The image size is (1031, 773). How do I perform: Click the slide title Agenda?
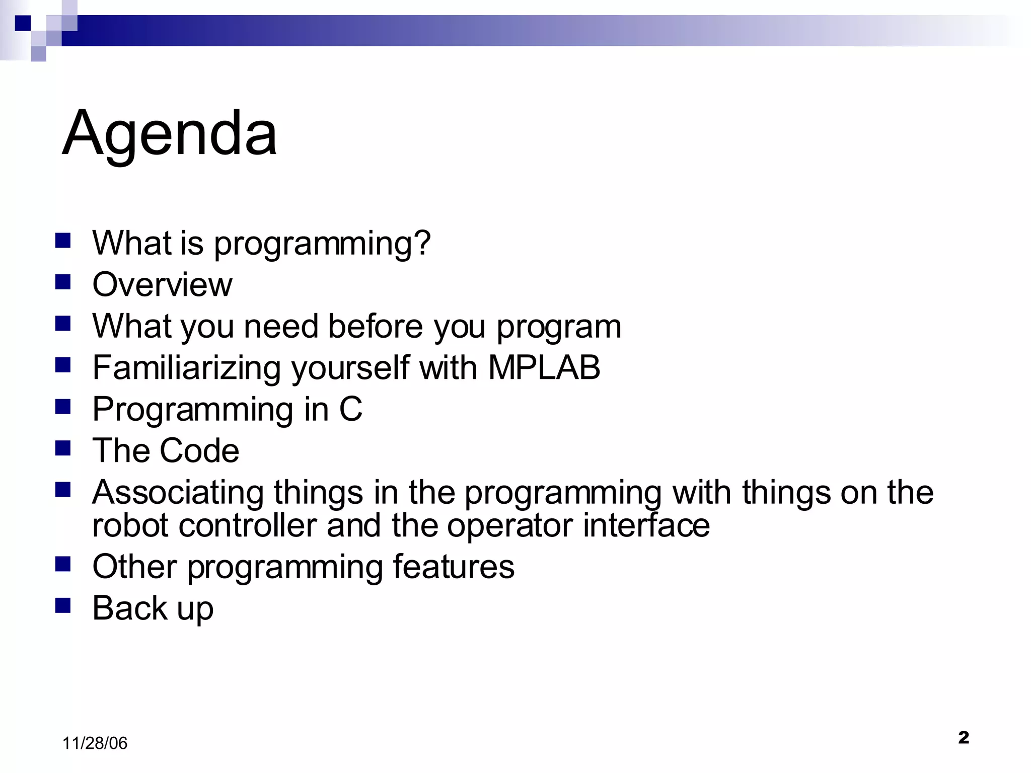click(169, 133)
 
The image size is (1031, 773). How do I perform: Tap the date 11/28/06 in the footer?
click(95, 743)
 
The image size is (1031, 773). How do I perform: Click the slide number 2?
click(964, 737)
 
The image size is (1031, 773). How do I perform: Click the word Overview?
click(162, 284)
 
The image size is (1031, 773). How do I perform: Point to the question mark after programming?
click(422, 243)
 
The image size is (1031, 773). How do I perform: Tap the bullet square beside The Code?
click(63, 447)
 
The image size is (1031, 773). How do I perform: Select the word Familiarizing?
click(186, 368)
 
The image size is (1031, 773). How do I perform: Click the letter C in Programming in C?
click(350, 409)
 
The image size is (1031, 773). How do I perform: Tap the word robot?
click(130, 525)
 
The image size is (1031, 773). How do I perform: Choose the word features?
click(453, 566)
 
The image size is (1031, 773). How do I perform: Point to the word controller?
click(247, 525)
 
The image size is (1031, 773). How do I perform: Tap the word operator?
click(509, 526)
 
